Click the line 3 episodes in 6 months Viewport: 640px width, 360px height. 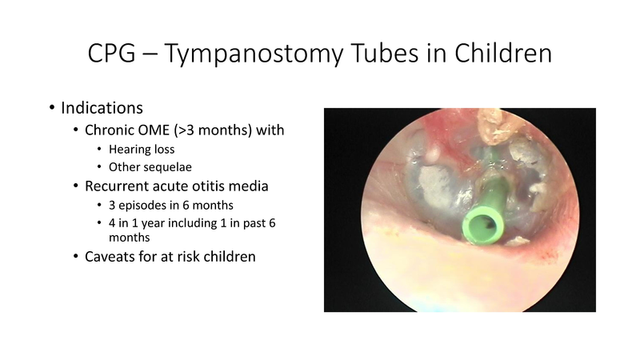click(170, 205)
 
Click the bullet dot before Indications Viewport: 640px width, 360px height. click(53, 107)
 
